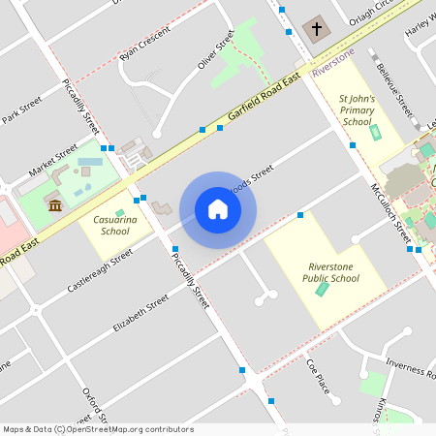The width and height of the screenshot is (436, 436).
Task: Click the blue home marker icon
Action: pos(218,208)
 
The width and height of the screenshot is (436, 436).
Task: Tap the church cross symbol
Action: pos(316,29)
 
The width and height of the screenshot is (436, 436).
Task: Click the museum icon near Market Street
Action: pos(55,204)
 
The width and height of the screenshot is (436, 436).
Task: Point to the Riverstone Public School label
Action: pos(332,272)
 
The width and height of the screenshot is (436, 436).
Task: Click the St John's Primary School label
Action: pos(357,109)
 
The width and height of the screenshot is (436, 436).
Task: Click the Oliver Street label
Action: pos(217,49)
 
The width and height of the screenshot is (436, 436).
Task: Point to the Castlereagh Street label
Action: pos(100,272)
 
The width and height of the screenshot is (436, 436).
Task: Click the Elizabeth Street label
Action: pos(140,314)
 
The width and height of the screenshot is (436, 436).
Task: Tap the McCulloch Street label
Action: pos(389,213)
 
